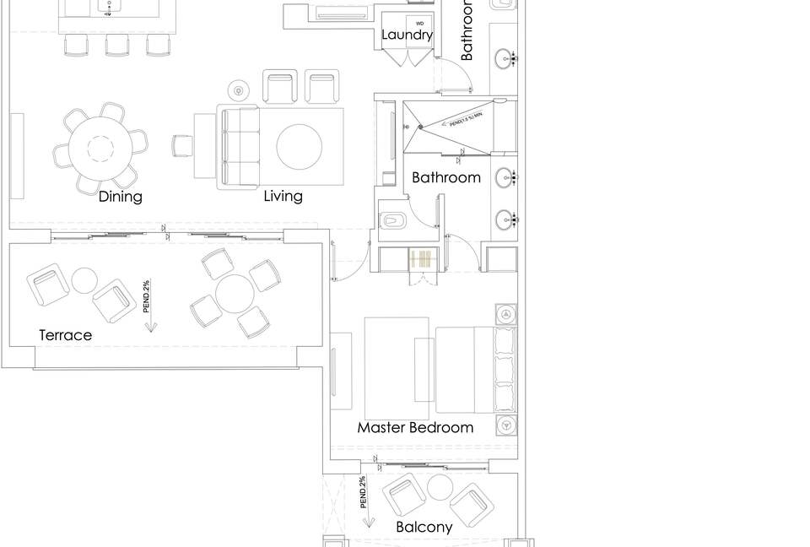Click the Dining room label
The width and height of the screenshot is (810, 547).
pos(121,197)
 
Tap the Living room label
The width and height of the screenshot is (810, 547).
pos(283,197)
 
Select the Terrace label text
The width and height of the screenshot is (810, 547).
pos(65,335)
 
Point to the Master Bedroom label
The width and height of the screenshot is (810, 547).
pos(415,427)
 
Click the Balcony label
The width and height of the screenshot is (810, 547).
pos(424,527)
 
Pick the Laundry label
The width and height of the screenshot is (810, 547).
pos(407,35)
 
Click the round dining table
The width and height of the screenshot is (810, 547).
pos(100,148)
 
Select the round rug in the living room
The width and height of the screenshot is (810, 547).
pos(300,148)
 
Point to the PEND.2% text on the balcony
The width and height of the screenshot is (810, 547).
pos(362,492)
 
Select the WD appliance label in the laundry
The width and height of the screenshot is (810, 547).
pos(419,23)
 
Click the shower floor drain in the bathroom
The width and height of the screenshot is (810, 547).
pos(419,127)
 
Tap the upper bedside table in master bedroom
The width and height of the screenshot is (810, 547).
pos(506,314)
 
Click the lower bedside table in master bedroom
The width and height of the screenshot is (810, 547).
pos(506,424)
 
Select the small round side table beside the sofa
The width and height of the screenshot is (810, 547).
pos(239,90)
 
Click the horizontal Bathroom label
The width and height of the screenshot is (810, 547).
pos(446,177)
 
